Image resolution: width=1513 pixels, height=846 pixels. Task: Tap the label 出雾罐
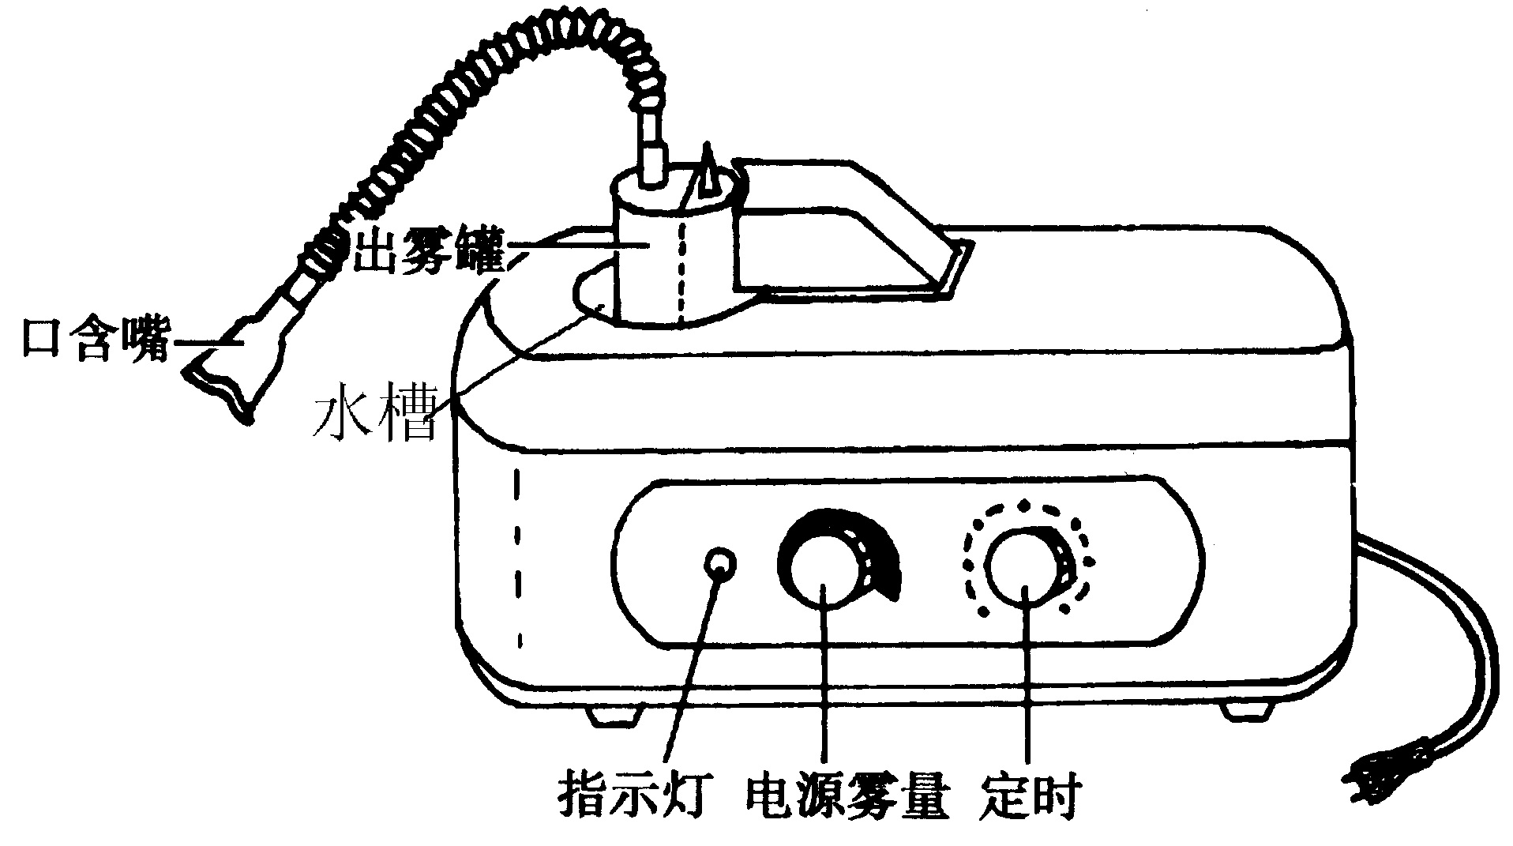pyautogui.click(x=426, y=251)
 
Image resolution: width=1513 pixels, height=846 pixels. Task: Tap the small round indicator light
pyautogui.click(x=719, y=564)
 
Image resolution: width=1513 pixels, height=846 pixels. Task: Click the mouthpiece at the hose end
pyautogui.click(x=237, y=363)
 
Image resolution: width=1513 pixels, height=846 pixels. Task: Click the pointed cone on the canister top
pyautogui.click(x=708, y=174)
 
